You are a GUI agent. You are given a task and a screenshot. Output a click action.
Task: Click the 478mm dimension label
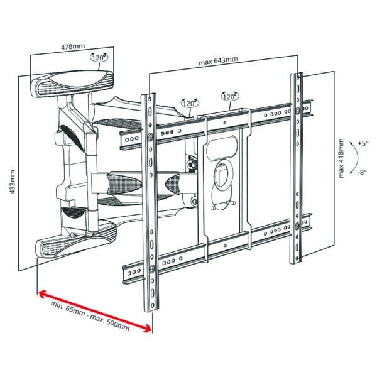73,46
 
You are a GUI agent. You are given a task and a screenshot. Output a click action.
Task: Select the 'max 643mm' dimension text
218,61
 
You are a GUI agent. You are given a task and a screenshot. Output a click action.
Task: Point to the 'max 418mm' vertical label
341,158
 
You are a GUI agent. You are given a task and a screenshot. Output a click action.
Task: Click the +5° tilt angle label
363,143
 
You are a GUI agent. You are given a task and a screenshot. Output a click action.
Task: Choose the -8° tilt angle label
363,172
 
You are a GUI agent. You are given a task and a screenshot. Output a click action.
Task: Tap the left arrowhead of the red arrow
43,294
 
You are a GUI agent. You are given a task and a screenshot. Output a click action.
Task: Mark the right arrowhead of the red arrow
147,329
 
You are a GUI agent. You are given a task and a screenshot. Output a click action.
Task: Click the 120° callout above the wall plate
99,57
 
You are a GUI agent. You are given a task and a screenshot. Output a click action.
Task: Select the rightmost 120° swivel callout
230,96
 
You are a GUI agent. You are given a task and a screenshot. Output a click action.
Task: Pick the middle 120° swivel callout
190,103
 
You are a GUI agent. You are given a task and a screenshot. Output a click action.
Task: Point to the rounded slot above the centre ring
222,148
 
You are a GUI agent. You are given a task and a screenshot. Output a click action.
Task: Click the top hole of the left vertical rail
150,99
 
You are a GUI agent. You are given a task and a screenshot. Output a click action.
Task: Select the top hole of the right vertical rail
298,77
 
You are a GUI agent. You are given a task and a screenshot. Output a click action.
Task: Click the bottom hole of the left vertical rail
153,305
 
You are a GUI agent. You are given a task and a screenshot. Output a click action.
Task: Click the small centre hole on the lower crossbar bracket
225,246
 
